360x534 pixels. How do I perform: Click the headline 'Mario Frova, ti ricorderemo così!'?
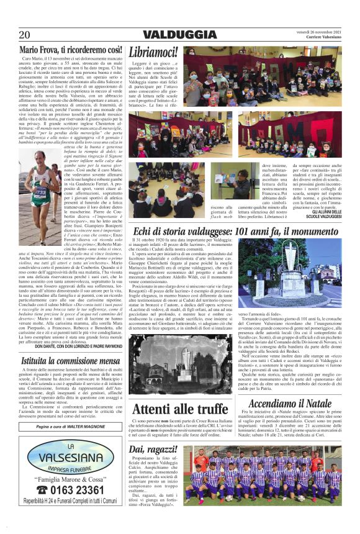point(70,50)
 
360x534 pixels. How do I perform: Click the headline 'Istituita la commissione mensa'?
point(70,360)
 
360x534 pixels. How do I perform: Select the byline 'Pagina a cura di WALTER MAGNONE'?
point(70,427)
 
